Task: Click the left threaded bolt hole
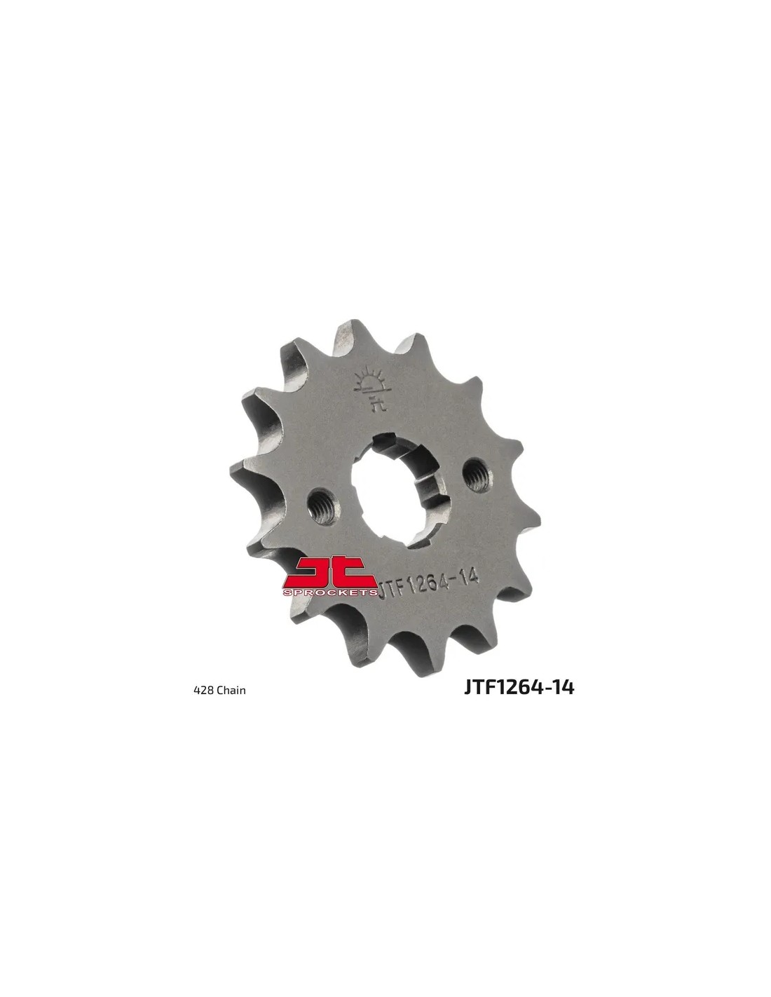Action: pos(325,505)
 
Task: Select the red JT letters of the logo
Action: pos(330,571)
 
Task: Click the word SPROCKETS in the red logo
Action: pos(330,592)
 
